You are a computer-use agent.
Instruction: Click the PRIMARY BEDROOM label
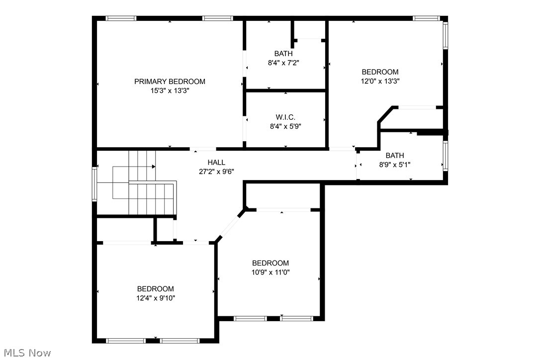[170, 82]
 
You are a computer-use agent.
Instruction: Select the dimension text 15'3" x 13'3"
[170, 91]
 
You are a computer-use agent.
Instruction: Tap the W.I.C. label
[285, 117]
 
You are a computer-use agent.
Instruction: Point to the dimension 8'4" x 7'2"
[283, 63]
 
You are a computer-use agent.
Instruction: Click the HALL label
[216, 162]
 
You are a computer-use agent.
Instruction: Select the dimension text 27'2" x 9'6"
[216, 172]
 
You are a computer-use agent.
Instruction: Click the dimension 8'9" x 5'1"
[394, 165]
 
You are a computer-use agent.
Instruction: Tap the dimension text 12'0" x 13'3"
[380, 81]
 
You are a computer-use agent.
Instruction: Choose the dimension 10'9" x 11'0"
[270, 272]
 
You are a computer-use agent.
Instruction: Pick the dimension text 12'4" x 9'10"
[156, 298]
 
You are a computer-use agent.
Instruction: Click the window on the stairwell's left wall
[94, 184]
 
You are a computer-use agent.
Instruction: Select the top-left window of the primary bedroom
[121, 18]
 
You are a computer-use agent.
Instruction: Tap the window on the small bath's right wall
[446, 156]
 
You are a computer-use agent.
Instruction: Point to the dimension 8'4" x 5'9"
[285, 126]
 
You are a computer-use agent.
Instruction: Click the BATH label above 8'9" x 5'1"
[394, 155]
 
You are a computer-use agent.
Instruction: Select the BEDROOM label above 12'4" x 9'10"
[156, 288]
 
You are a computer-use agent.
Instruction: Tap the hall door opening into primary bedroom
[203, 149]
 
